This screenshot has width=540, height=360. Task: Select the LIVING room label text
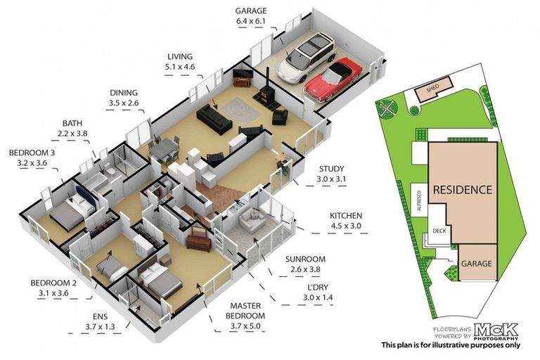point(181,56)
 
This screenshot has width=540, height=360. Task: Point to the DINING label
point(123,92)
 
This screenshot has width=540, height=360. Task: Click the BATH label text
point(72,122)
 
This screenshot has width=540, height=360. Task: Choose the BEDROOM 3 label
point(30,152)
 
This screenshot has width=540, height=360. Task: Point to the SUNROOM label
point(305,259)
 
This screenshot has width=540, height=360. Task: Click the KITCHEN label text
point(346,215)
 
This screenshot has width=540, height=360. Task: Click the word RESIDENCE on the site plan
point(462,190)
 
